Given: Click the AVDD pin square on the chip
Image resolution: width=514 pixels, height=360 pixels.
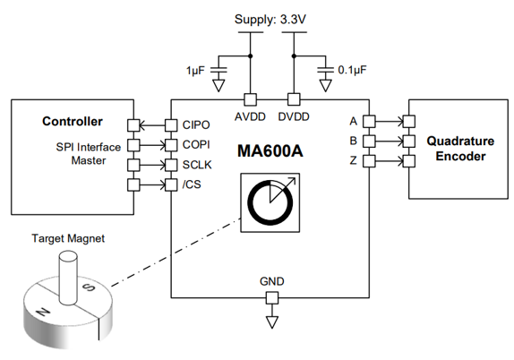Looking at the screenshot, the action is [x=250, y=99].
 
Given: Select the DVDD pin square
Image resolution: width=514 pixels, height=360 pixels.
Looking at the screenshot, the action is [x=294, y=99].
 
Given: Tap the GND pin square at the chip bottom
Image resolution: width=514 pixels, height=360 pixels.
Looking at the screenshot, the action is [x=271, y=298].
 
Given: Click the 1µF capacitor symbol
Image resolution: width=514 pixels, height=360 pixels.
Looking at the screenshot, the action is [x=218, y=70].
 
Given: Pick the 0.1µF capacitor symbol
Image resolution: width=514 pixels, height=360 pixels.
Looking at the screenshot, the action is [x=326, y=70].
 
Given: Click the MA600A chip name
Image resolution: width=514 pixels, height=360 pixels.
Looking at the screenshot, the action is [x=270, y=151].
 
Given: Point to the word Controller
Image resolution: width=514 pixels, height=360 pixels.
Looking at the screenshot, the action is [x=73, y=121].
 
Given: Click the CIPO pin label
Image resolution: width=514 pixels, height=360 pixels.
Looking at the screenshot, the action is [x=196, y=124].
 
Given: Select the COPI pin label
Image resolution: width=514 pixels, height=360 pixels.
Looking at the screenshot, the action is [x=196, y=144].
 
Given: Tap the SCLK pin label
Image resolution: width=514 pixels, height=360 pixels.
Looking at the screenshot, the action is [x=197, y=165].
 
